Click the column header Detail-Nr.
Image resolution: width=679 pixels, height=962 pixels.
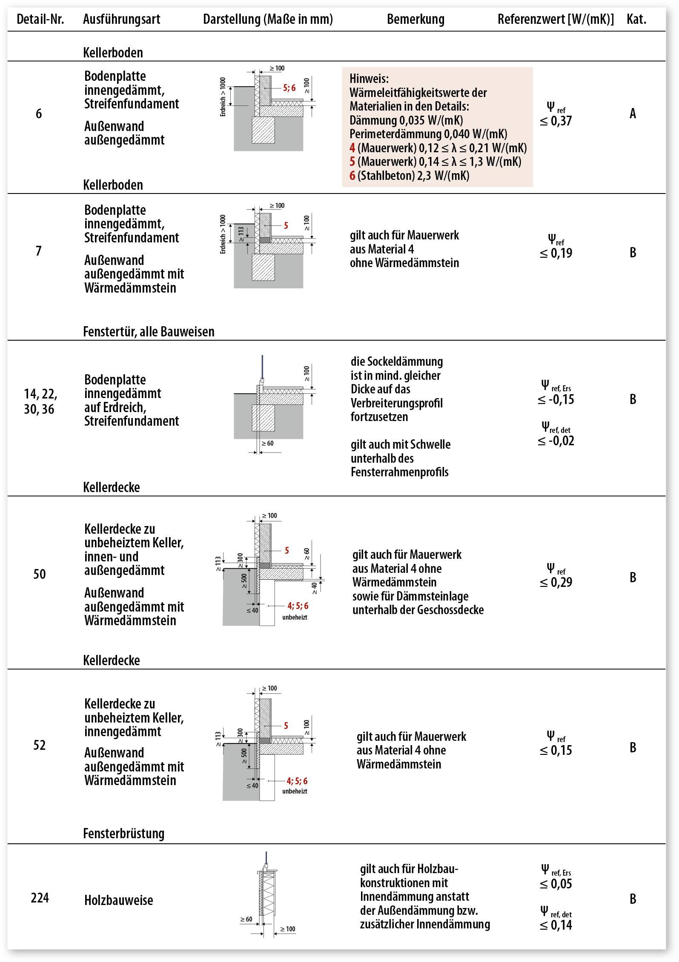(40, 19)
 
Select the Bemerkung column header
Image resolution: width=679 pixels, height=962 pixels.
(415, 19)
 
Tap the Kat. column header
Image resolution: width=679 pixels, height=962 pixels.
(636, 19)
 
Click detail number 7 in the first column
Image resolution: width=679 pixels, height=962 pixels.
(39, 251)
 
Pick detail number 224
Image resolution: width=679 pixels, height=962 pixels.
(40, 898)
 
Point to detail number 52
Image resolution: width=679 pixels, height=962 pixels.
(39, 745)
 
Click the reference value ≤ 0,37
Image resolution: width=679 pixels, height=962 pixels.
(556, 121)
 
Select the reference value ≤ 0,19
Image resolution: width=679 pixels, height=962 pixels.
(556, 253)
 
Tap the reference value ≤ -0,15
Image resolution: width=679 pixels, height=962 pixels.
(556, 399)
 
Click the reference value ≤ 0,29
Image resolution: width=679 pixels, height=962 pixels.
(556, 582)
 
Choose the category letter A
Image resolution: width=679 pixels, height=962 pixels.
(633, 114)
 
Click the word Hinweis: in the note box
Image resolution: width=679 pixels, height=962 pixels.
(369, 79)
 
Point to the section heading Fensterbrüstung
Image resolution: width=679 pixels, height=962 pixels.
(123, 833)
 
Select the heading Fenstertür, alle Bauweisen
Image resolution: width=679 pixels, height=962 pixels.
(149, 331)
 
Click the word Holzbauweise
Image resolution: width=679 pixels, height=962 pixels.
(118, 900)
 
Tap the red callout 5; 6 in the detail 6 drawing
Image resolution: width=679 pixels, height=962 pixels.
(289, 88)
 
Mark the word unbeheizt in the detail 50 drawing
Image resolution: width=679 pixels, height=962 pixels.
(295, 617)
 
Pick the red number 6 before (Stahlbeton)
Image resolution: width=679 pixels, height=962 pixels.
(352, 176)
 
